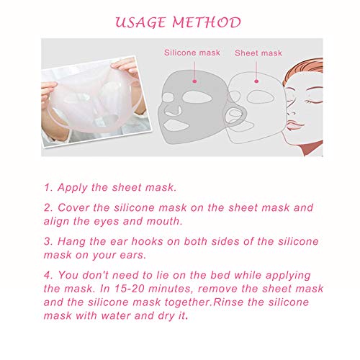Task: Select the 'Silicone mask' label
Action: pos(189,53)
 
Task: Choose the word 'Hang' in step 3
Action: pos(72,241)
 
